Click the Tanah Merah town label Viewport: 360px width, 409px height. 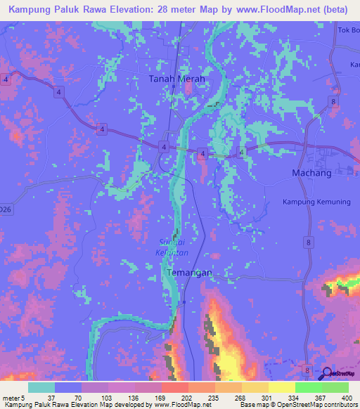click(x=176, y=79)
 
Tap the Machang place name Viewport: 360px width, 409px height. click(x=311, y=173)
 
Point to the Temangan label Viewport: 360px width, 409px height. click(x=188, y=272)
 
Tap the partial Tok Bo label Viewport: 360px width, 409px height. click(x=349, y=30)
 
